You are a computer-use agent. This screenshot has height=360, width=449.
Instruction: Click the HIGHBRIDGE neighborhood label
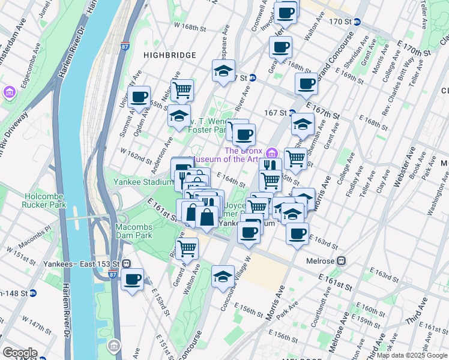pyautogui.click(x=170, y=55)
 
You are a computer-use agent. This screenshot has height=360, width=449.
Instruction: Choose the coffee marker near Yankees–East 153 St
pyautogui.click(x=133, y=278)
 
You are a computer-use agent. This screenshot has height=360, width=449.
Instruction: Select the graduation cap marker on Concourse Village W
pyautogui.click(x=223, y=276)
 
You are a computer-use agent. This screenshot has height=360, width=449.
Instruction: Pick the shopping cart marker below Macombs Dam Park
pyautogui.click(x=187, y=247)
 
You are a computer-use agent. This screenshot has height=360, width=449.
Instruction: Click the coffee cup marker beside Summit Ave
pyautogui.click(x=139, y=97)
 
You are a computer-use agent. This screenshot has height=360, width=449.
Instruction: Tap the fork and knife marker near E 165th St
pyautogui.click(x=270, y=166)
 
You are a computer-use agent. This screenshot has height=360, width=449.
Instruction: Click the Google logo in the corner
pyautogui.click(x=20, y=352)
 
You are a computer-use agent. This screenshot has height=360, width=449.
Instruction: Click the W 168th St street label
pyautogui.click(x=185, y=26)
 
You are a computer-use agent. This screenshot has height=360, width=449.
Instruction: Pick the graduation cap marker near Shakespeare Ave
pyautogui.click(x=223, y=70)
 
